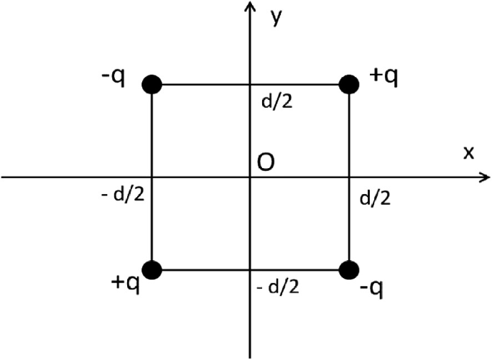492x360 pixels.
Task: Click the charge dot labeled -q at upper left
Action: tap(152, 84)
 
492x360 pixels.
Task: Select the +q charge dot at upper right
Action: tap(349, 84)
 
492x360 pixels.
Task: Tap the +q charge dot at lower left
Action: tap(152, 270)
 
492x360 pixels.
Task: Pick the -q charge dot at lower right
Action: tap(349, 270)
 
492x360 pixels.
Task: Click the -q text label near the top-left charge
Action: tap(114, 75)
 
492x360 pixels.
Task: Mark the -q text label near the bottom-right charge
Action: tap(372, 290)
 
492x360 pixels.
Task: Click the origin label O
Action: tap(264, 164)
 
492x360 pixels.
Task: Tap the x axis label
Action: tap(468, 153)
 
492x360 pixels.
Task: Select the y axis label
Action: tap(275, 18)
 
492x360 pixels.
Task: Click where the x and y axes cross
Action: tap(250, 177)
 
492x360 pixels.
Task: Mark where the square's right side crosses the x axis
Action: tap(349, 177)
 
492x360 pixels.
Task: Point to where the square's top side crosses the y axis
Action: tap(250, 85)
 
